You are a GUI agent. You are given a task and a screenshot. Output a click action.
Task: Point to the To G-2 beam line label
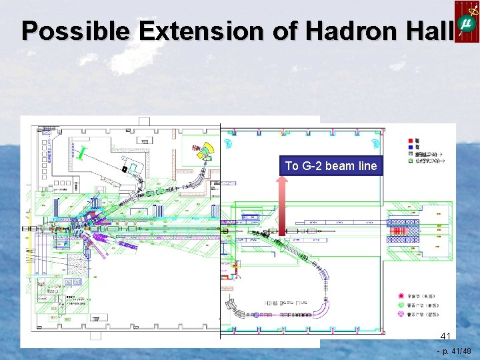click(331, 165)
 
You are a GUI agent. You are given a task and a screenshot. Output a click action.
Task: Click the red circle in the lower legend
click(402, 295)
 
